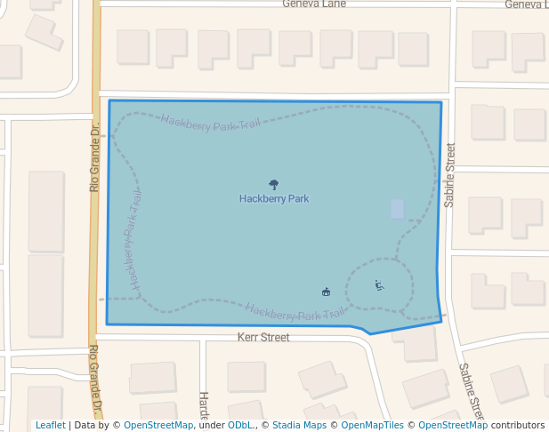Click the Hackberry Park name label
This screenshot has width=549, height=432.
[x=274, y=199]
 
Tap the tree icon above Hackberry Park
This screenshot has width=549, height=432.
[x=273, y=185]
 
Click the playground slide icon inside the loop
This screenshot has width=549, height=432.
[x=379, y=285]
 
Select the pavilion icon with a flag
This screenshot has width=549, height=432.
[x=326, y=292]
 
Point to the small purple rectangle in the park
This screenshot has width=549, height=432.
[x=397, y=209]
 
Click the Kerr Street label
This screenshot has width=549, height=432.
[x=263, y=338]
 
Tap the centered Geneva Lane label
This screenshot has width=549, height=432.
[x=314, y=4]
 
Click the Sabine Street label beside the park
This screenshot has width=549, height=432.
[x=450, y=175]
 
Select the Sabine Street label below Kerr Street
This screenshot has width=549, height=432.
[x=471, y=390]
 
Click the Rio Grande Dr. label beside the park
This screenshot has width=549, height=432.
[x=94, y=157]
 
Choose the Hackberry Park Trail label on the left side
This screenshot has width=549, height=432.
[x=133, y=240]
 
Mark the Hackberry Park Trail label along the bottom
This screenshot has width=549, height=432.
[x=295, y=313]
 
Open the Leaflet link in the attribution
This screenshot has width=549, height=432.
[x=50, y=426]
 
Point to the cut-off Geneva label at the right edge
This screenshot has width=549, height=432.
[x=526, y=4]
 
